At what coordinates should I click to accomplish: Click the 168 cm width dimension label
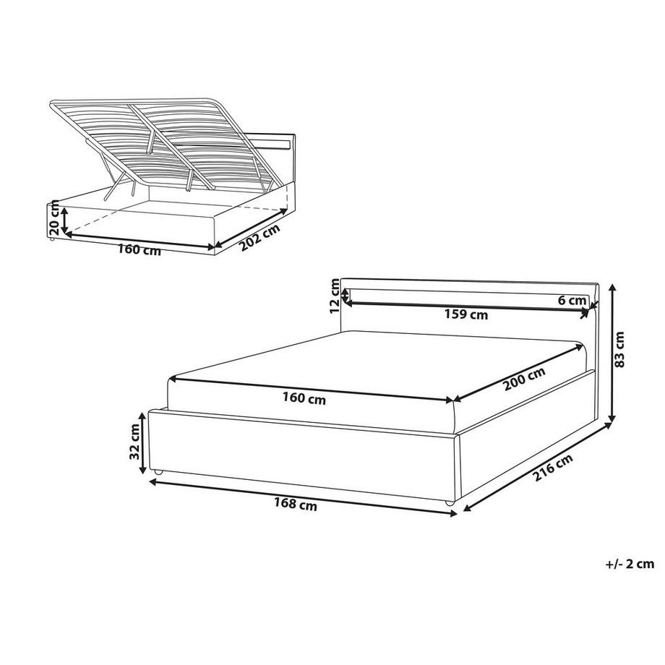click(295, 505)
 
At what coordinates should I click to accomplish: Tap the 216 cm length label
click(553, 467)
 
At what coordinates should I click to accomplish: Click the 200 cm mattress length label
click(524, 379)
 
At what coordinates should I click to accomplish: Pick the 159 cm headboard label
click(466, 314)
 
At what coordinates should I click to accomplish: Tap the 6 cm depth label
click(572, 300)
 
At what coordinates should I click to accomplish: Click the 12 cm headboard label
click(335, 296)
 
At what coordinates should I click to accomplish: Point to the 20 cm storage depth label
click(54, 218)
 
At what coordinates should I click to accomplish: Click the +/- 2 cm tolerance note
click(630, 564)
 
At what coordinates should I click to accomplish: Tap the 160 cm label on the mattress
click(304, 398)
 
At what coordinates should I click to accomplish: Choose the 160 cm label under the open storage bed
click(139, 250)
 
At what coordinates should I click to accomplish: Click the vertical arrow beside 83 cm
click(612, 353)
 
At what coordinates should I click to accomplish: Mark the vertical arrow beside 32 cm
click(144, 442)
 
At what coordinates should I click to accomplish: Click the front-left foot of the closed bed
click(158, 472)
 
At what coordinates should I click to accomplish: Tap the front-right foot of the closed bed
click(449, 503)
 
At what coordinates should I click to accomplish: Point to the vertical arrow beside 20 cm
click(64, 220)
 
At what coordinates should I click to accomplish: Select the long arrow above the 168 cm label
click(303, 498)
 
